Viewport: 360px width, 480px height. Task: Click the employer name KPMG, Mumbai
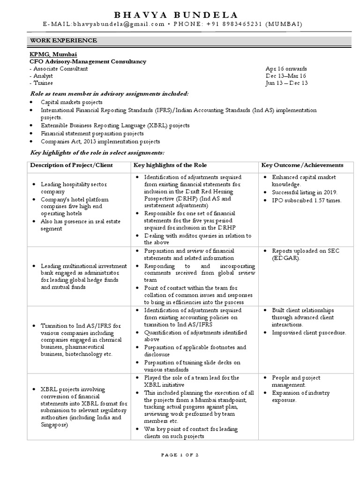[53, 54]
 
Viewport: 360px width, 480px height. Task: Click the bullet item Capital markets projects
[71, 102]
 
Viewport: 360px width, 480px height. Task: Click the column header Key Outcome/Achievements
[302, 165]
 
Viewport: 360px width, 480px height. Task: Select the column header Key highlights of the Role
[170, 165]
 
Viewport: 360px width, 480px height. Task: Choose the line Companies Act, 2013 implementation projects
[100, 142]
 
